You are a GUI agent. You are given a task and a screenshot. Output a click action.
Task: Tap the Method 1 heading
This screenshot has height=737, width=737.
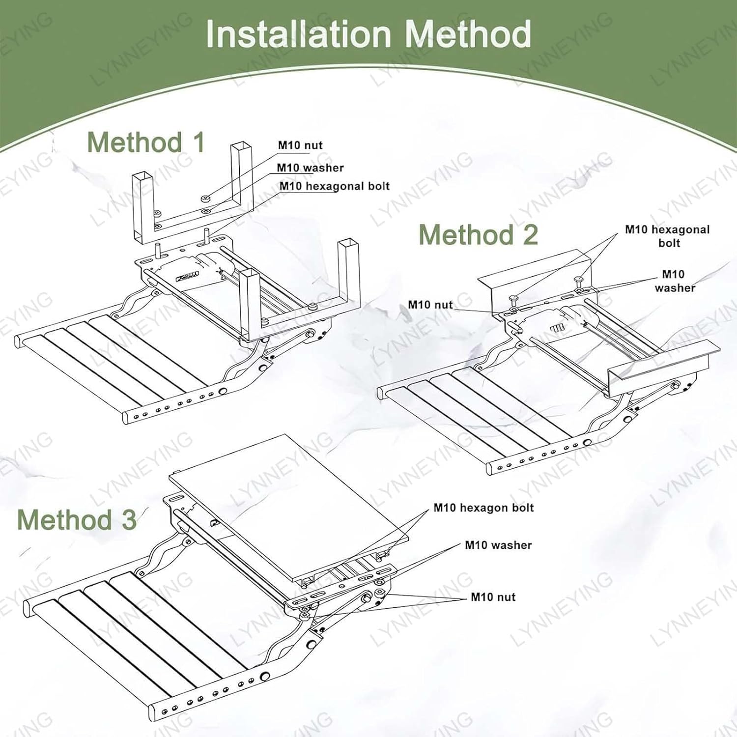(145, 142)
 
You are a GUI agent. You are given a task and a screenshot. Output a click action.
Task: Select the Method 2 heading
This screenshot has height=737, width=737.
(478, 234)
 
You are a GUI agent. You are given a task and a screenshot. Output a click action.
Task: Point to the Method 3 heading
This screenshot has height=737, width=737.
(77, 519)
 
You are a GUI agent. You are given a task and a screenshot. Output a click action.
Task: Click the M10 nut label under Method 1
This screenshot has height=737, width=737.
(300, 145)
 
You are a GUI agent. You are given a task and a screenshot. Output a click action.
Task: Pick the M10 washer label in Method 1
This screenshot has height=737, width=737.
(310, 168)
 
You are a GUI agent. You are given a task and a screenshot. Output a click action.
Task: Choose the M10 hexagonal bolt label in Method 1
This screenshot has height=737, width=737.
(334, 186)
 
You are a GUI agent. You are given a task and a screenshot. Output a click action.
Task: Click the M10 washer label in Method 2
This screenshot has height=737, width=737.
(674, 281)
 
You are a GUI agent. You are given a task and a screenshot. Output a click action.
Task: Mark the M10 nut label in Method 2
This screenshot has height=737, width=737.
(430, 305)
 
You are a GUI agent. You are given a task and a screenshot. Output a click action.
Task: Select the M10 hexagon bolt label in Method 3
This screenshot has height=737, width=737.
(483, 508)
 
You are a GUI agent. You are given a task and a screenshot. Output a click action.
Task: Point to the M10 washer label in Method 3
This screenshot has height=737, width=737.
(498, 545)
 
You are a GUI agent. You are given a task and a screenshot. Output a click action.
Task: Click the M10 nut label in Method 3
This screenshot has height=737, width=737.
(493, 597)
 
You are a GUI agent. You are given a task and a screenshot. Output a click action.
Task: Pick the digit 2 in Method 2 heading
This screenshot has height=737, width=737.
(530, 234)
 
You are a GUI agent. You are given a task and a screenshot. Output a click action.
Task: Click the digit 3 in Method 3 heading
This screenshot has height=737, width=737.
(129, 519)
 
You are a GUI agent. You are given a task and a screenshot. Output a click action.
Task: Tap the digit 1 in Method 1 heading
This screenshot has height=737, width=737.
(198, 142)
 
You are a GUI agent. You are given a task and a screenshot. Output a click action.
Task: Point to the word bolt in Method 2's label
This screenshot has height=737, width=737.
(669, 243)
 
